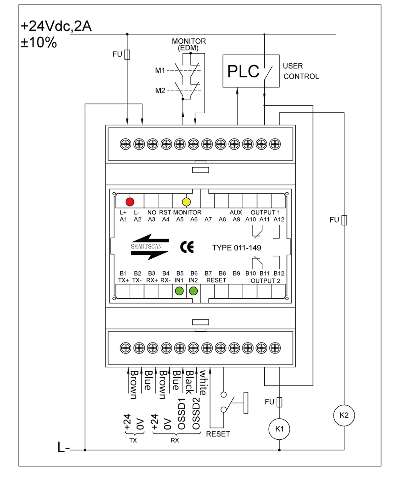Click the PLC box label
[243, 71]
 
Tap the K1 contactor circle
[279, 429]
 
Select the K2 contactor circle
[344, 415]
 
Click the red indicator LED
[130, 202]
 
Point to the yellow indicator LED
[187, 202]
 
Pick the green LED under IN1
[179, 291]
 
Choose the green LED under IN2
[193, 291]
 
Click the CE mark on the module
[187, 247]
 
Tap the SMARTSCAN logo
[149, 247]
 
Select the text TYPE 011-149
[236, 248]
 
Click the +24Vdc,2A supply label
[56, 26]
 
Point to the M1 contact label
[160, 71]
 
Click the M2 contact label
[160, 90]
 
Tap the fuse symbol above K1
[279, 402]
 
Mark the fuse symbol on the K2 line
[344, 220]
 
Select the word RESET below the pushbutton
[218, 434]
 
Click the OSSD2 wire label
[196, 413]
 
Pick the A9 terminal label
[236, 220]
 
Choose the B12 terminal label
[279, 273]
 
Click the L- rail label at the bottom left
[64, 447]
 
